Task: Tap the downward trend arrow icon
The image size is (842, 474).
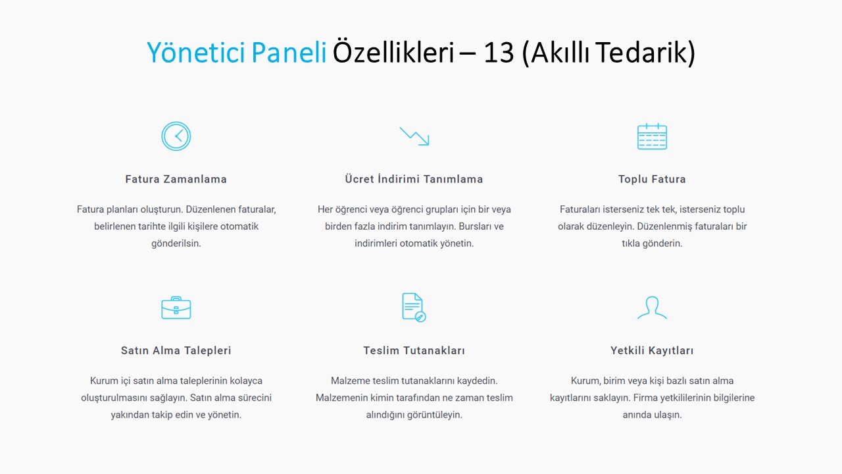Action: pyautogui.click(x=414, y=136)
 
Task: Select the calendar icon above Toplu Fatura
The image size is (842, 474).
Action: pyautogui.click(x=652, y=136)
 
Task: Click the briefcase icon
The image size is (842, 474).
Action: pyautogui.click(x=176, y=307)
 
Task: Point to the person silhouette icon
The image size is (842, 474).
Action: pyautogui.click(x=652, y=307)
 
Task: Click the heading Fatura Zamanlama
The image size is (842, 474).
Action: pyautogui.click(x=176, y=179)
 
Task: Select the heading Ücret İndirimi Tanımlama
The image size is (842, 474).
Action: pyautogui.click(x=414, y=178)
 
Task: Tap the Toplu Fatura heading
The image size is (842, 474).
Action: pyautogui.click(x=652, y=180)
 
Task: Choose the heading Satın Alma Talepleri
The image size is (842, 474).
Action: pyautogui.click(x=176, y=351)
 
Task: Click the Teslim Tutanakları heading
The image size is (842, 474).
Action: pyautogui.click(x=414, y=351)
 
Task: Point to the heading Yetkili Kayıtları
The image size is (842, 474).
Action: pyautogui.click(x=652, y=351)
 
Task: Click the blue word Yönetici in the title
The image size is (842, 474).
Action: pyautogui.click(x=196, y=52)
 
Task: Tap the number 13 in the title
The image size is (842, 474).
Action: pyautogui.click(x=499, y=52)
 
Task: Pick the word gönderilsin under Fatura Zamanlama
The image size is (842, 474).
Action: pyautogui.click(x=176, y=244)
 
